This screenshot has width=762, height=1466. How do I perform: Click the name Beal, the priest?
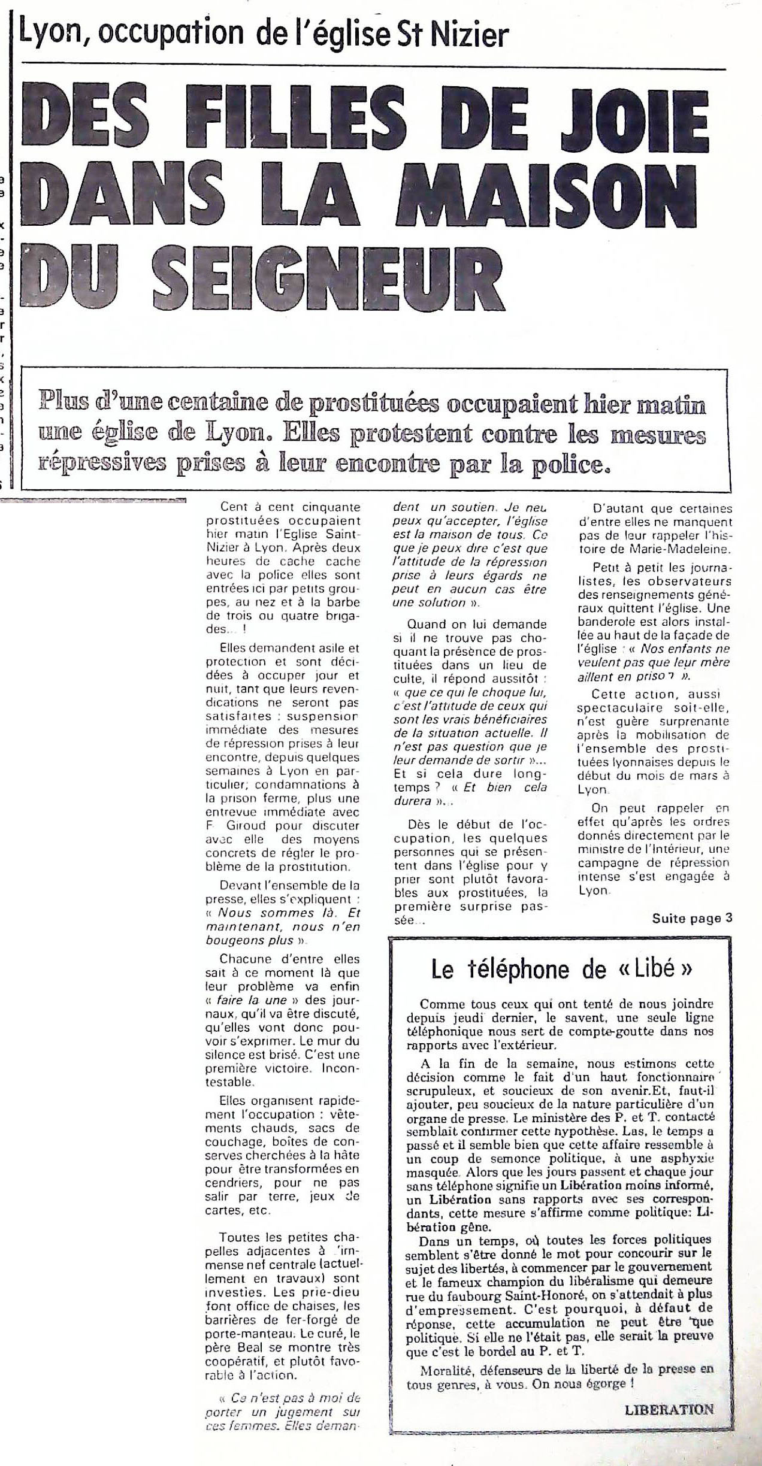point(252,1331)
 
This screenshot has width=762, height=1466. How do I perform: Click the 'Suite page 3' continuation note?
point(692,918)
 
